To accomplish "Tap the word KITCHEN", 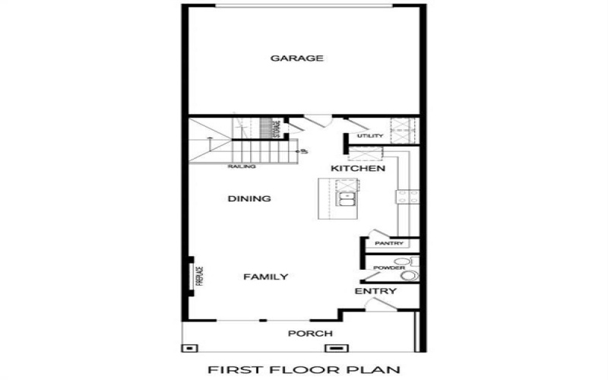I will pyautogui.click(x=358, y=168).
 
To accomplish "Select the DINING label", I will pyautogui.click(x=249, y=199).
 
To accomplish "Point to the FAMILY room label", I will pyautogui.click(x=265, y=277).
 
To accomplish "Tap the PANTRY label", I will pyautogui.click(x=388, y=243).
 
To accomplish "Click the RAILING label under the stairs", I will pyautogui.click(x=241, y=166).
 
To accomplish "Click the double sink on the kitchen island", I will pyautogui.click(x=347, y=201).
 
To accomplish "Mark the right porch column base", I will pyautogui.click(x=334, y=347).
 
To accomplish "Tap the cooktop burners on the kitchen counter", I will pyautogui.click(x=403, y=197).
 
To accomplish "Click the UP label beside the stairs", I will pyautogui.click(x=303, y=151).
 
